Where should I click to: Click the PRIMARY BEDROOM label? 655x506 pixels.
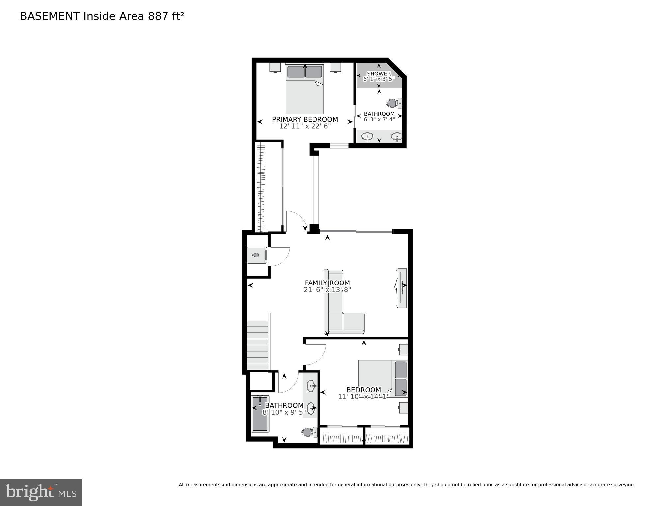coord(305,119)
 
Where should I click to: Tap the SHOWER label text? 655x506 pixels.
coord(379,74)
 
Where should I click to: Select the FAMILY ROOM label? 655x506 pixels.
coord(327,283)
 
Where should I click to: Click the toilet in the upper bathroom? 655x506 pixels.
coord(394,103)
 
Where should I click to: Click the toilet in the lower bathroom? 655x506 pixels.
coord(309,432)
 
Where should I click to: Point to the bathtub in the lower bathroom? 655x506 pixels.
coord(260,414)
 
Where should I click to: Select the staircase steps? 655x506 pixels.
coord(257,345)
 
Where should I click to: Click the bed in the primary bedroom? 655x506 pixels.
coord(305,89)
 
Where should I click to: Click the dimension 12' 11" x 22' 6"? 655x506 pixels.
coord(305,126)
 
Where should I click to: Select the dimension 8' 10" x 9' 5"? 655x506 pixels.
coord(284,412)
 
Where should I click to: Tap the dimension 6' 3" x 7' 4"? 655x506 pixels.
coord(379,119)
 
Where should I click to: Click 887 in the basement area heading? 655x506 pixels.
coord(158,16)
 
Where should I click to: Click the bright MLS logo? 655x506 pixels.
coord(41,492)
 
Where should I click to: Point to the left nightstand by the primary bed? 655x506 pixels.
coord(275,67)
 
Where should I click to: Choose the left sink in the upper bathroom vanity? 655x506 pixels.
coord(367,136)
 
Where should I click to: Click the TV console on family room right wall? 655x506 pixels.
coord(402,288)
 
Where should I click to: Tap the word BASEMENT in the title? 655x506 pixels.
coord(50,16)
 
